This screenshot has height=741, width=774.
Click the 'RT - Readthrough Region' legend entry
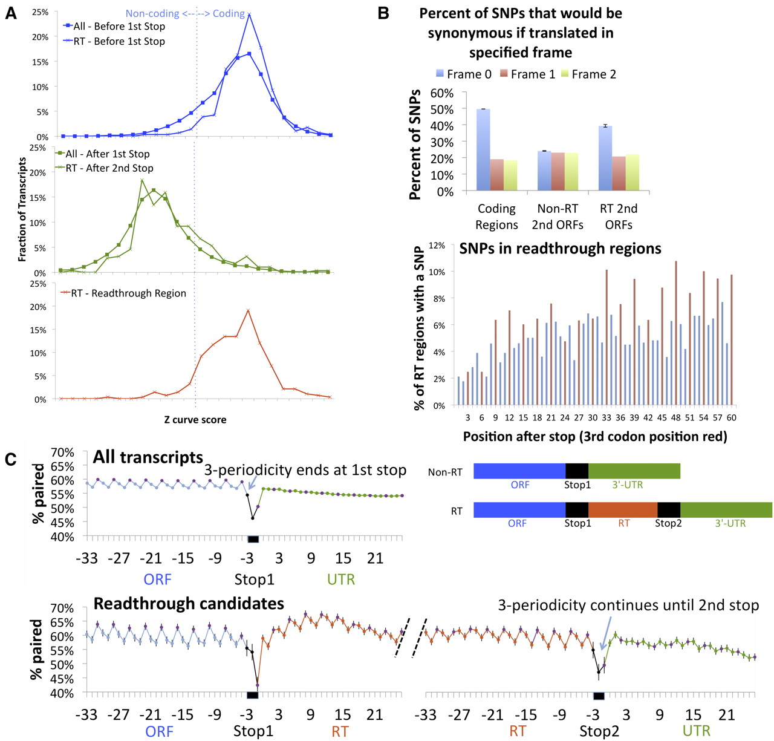click(128, 293)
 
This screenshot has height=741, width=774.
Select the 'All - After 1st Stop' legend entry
click(107, 154)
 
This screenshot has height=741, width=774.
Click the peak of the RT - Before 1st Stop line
click(249, 15)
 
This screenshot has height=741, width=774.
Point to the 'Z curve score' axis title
click(195, 419)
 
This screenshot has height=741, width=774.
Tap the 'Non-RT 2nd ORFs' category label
click(558, 217)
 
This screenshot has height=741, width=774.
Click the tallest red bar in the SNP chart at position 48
click(676, 333)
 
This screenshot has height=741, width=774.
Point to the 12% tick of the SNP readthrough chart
click(437, 246)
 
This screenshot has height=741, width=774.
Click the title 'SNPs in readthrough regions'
click(560, 249)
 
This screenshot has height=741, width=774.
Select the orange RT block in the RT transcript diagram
click(623, 510)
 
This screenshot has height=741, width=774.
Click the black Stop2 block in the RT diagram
click(669, 510)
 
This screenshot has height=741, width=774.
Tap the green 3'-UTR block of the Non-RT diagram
click(634, 471)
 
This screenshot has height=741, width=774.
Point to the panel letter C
click(10, 459)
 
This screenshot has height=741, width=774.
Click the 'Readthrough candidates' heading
click(189, 604)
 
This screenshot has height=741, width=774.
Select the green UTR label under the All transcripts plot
click(340, 579)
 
